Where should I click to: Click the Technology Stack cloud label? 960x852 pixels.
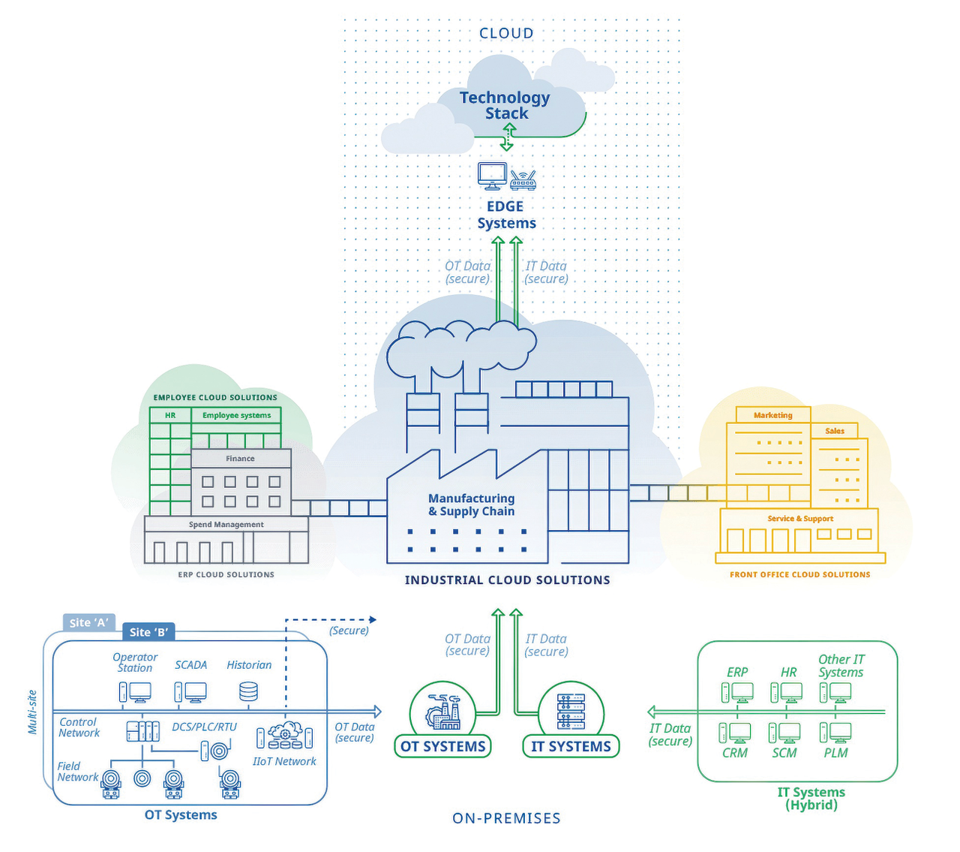pos(505,105)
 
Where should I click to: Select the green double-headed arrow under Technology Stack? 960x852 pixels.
pos(508,138)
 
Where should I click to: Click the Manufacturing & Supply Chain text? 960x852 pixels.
pos(471,504)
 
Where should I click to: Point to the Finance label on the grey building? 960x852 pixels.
pos(240,459)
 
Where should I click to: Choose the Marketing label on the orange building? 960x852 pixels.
pos(772,415)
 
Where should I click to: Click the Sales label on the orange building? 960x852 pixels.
pos(835,431)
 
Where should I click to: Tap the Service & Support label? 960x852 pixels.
pos(800,519)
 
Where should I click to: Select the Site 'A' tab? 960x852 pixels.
pos(88,622)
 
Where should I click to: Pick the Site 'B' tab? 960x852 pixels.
pos(148,632)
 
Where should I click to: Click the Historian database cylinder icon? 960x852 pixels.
pos(248,691)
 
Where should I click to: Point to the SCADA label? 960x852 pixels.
pos(190,665)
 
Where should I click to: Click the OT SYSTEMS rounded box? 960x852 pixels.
pos(442,746)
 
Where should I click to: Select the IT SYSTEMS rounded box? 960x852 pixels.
pos(571,746)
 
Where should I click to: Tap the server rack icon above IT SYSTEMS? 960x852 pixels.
pos(571,712)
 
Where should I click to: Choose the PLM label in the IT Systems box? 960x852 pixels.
pos(835,753)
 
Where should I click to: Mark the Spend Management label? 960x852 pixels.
pos(226,525)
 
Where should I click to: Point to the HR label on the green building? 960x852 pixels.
pos(170,415)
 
